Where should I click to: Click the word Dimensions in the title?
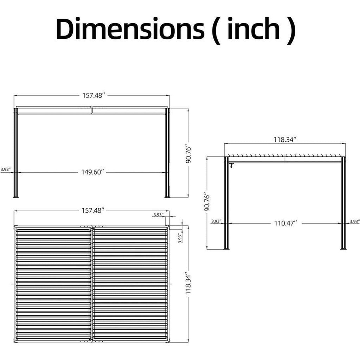coord(130,28)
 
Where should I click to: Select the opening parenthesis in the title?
coord(216,31)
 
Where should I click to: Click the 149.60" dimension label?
coord(93,172)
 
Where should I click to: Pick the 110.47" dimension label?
coord(285,223)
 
